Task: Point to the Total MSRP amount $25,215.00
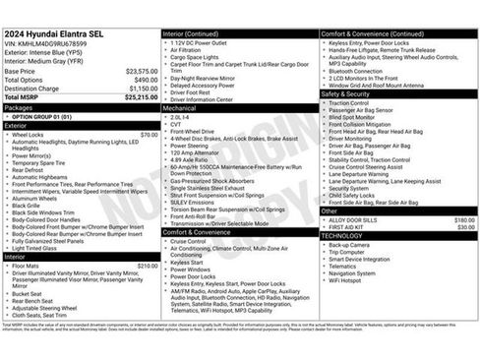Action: pos(139,97)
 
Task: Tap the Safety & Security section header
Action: pos(350,93)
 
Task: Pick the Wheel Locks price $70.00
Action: pos(149,134)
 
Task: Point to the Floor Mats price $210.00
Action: pos(147,265)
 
